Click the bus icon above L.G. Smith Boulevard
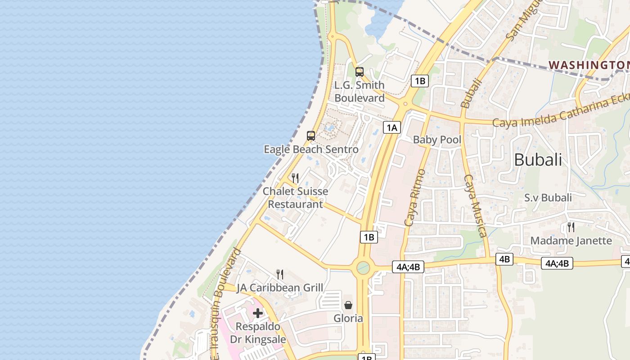359,72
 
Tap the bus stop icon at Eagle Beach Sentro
310,136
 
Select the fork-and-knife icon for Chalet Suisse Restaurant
295,178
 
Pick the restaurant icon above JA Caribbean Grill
280,274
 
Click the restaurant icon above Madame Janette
571,227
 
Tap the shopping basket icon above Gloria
348,305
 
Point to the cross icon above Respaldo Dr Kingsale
258,313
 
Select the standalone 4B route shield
504,259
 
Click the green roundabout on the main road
363,268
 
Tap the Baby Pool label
437,139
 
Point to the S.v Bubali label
548,198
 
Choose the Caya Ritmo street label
415,198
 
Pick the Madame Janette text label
571,241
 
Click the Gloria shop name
348,319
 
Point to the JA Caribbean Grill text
280,288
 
